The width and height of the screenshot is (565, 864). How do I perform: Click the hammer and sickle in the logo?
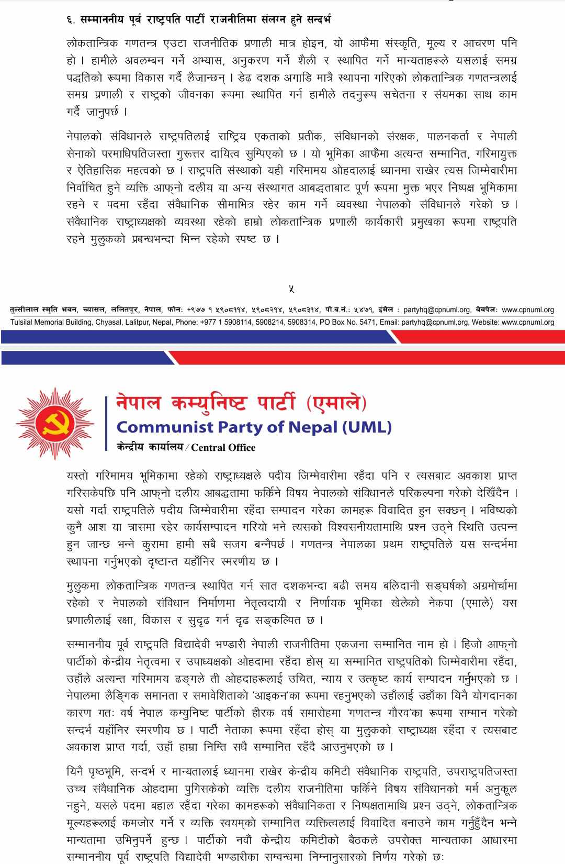tap(55, 423)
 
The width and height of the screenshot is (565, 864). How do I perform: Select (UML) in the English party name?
tap(367, 427)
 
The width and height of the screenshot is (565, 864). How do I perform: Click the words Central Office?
tap(223, 448)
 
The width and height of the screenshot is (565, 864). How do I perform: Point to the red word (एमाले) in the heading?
tap(336, 403)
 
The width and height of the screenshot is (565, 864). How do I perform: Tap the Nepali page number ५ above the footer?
tap(291, 289)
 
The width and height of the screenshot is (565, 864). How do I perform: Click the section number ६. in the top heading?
tap(71, 20)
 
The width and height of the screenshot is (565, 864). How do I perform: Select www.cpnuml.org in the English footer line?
tap(528, 322)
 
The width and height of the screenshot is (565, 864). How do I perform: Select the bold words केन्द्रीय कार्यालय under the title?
tap(150, 447)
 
